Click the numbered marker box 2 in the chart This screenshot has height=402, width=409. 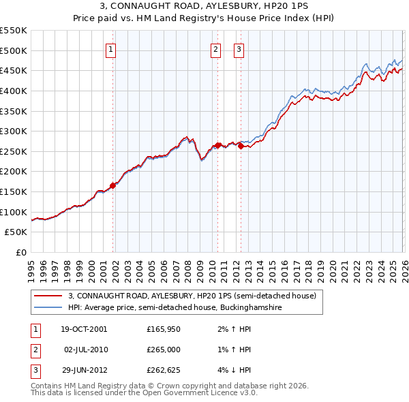[215, 48]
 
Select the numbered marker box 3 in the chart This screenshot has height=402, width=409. [239, 48]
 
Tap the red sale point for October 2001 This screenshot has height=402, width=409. [112, 185]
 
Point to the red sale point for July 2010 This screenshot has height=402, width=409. [217, 145]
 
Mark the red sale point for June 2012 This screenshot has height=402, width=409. [241, 146]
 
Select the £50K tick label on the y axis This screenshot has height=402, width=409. [16, 232]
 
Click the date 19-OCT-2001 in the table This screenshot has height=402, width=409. [85, 329]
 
